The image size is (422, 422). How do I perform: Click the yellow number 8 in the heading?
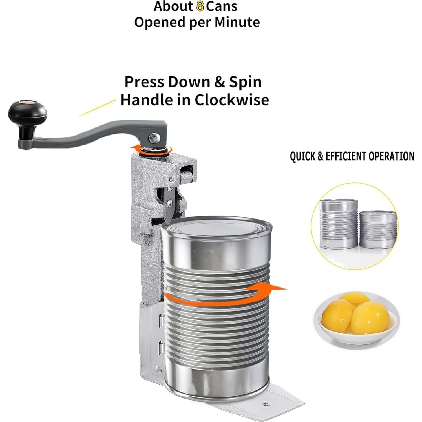(200, 6)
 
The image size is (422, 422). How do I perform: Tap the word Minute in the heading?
(237, 22)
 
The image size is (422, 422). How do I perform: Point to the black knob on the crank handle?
(27, 113)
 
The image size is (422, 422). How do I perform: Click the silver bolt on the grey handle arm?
(154, 138)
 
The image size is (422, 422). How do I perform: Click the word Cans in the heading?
(222, 6)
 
